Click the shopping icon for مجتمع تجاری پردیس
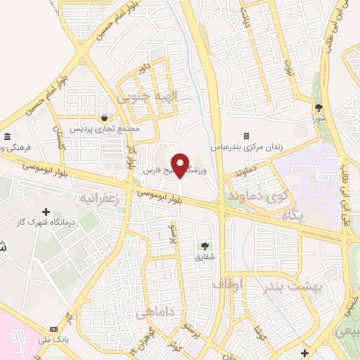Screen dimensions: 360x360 click(105, 118)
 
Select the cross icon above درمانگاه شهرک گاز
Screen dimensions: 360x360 click(46, 212)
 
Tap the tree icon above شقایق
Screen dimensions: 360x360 click(204, 246)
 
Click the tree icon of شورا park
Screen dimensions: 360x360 click(319, 108)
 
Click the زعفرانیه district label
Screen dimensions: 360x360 click(105, 192)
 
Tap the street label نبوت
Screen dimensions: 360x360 click(289, 65)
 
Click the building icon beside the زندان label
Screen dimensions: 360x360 click(246, 135)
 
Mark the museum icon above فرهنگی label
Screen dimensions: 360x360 click(7, 136)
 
